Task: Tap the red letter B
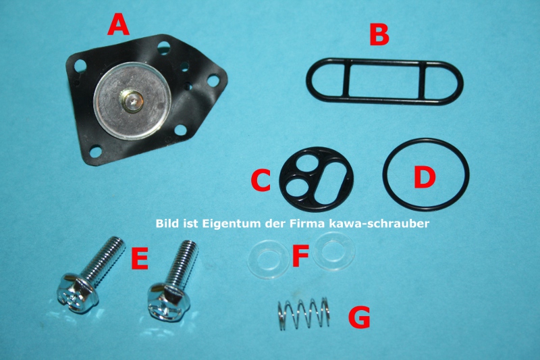(x=379, y=35)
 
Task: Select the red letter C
(x=261, y=181)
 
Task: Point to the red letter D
(x=425, y=178)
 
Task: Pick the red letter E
(x=140, y=258)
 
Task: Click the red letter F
(x=300, y=257)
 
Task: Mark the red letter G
(x=359, y=317)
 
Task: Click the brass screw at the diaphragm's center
(x=131, y=100)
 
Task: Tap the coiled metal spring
(x=303, y=313)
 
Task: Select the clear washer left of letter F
(x=268, y=260)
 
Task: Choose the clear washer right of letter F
(x=334, y=252)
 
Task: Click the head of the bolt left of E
(x=77, y=293)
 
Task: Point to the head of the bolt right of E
(x=168, y=302)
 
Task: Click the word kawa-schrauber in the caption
(x=379, y=224)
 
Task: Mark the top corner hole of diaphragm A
(x=163, y=47)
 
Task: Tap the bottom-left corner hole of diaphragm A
(x=94, y=151)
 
